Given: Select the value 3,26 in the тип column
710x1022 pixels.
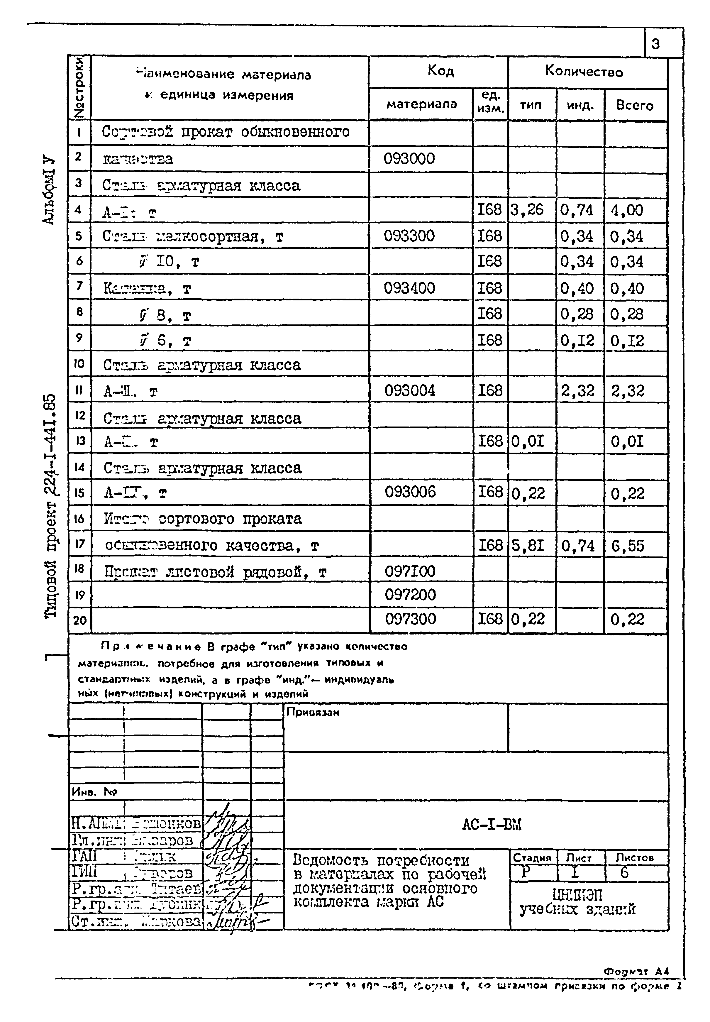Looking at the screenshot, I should click(527, 209).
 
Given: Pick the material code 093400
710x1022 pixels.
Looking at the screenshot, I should click(409, 288).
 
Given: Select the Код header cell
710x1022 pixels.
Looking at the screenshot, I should click(440, 71).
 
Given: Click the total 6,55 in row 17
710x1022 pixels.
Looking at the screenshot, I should click(627, 546).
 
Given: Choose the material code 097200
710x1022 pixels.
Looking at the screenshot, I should click(410, 594).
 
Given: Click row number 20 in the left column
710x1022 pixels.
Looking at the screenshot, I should click(80, 620).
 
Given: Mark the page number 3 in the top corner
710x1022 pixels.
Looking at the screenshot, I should click(656, 44).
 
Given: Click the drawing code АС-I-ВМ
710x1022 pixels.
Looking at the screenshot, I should click(492, 825).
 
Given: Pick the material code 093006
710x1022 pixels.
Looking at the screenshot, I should click(410, 492).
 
